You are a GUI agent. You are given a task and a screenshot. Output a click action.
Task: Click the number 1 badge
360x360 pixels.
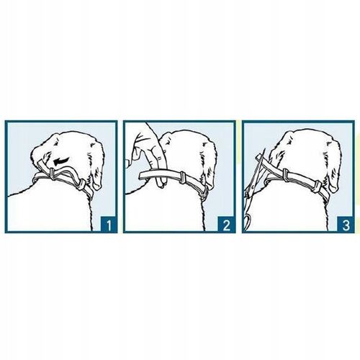point(108,225)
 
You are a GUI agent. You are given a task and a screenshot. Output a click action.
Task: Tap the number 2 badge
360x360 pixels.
point(226,225)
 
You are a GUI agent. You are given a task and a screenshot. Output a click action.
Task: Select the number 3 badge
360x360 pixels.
point(346,225)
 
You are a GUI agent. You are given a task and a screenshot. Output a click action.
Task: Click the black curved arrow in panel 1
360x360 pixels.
point(61,161)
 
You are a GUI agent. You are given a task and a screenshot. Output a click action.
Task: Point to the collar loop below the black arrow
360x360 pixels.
point(52,174)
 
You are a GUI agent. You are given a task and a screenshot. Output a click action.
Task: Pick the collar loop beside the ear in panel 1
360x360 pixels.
point(81,184)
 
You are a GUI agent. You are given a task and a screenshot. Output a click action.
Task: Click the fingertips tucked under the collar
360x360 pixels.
point(161,183)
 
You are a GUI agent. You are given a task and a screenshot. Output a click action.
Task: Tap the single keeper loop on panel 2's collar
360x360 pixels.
point(182,178)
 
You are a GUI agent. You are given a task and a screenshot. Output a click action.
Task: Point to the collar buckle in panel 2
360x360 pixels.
point(204,192)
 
